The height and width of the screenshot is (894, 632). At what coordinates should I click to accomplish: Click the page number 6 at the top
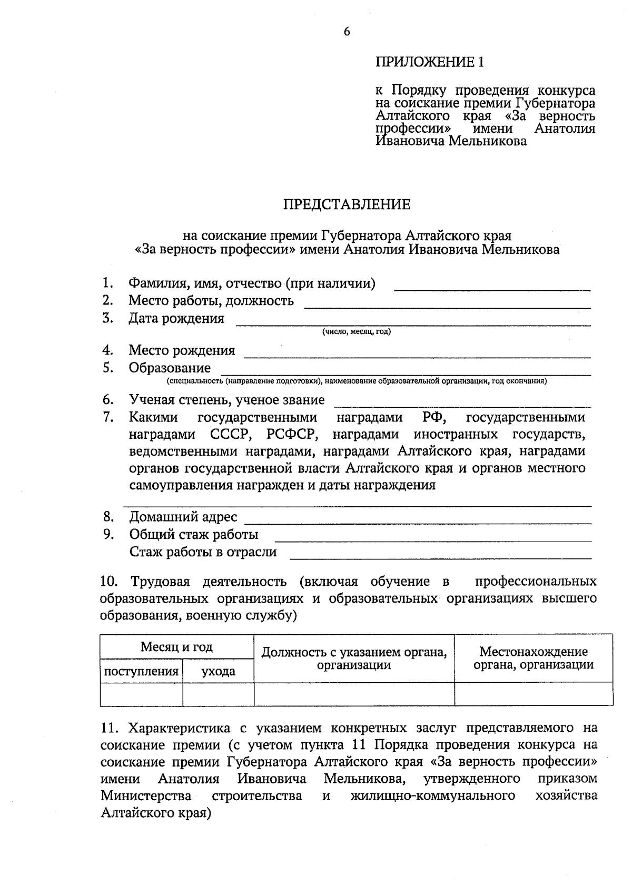tap(347, 32)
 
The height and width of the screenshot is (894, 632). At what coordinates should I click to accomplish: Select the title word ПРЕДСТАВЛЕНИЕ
tap(347, 204)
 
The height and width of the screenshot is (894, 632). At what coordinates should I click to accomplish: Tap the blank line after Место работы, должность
tap(447, 306)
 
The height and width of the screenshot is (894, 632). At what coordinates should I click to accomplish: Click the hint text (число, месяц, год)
tap(357, 332)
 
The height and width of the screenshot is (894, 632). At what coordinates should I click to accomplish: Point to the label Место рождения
tap(182, 350)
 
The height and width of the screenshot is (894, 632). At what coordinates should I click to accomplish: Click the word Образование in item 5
tap(170, 368)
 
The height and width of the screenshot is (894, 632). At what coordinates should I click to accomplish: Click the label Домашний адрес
tap(183, 517)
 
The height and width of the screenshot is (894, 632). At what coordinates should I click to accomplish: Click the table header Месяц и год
tap(176, 646)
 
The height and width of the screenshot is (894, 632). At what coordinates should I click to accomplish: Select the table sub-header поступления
tap(141, 671)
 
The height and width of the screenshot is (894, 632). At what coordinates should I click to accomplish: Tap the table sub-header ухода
tap(218, 671)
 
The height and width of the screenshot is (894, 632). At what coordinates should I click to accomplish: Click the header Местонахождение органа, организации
tap(533, 658)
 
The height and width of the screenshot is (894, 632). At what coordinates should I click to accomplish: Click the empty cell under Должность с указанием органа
tap(354, 694)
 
